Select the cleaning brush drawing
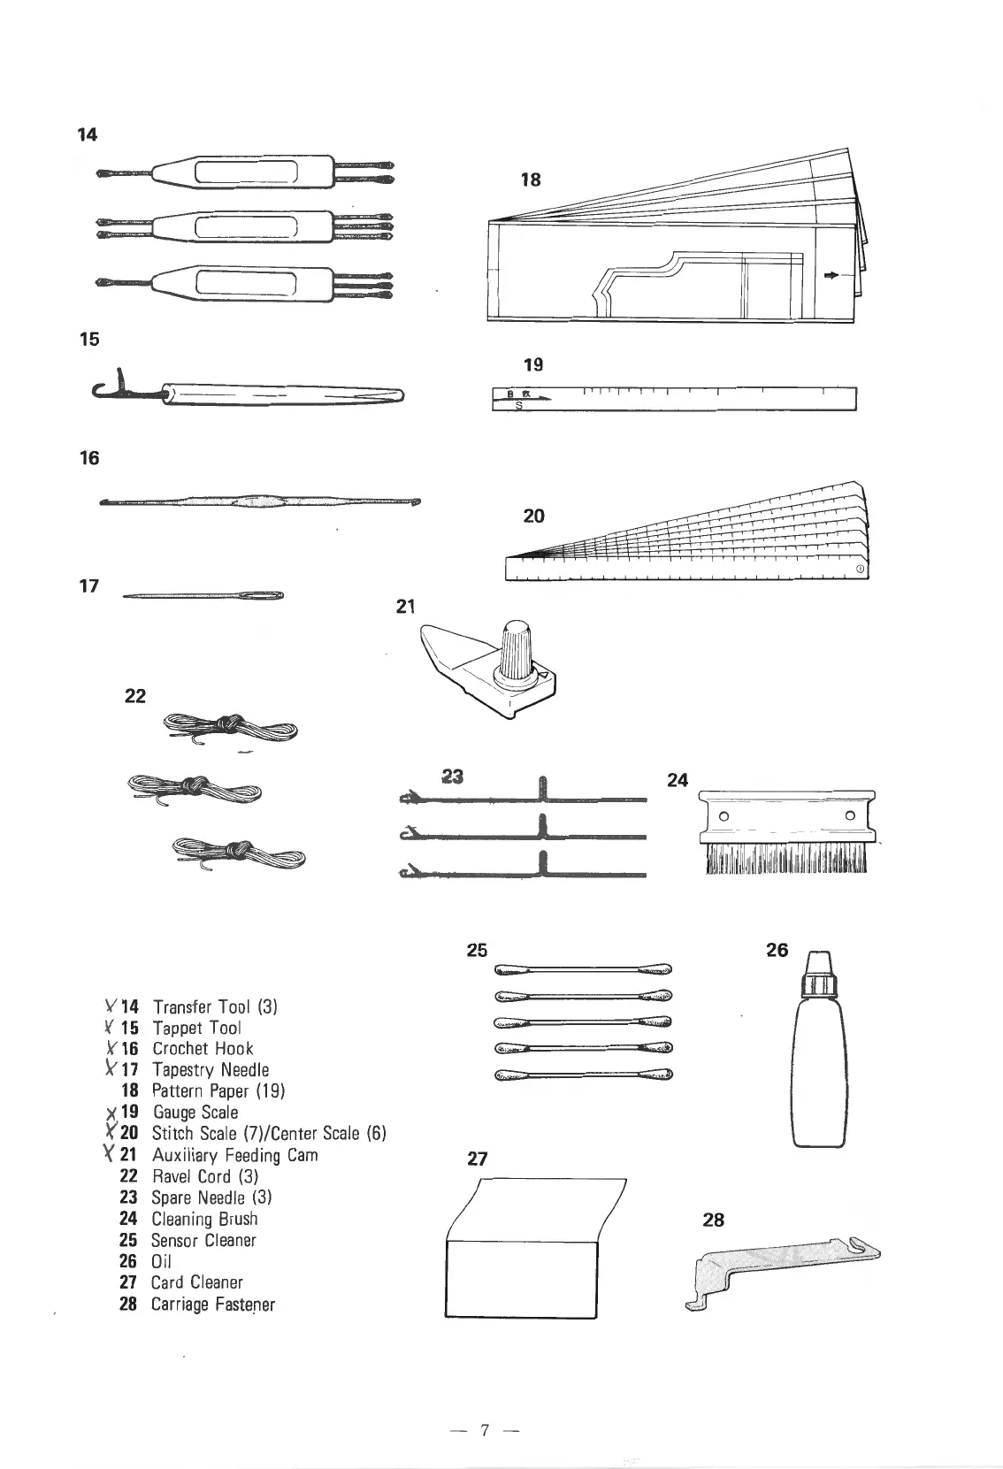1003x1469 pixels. coord(785,832)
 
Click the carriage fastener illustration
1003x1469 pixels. coord(783,1268)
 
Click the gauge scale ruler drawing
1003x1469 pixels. coord(675,399)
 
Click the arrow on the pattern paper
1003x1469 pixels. coord(829,276)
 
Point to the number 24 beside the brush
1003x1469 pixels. coord(678,780)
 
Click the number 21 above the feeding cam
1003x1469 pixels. coord(405,607)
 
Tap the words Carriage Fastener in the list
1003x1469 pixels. coord(212,1304)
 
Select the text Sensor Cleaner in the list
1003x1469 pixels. coord(203,1240)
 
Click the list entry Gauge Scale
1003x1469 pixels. coord(195,1112)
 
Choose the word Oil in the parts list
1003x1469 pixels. coord(161,1261)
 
